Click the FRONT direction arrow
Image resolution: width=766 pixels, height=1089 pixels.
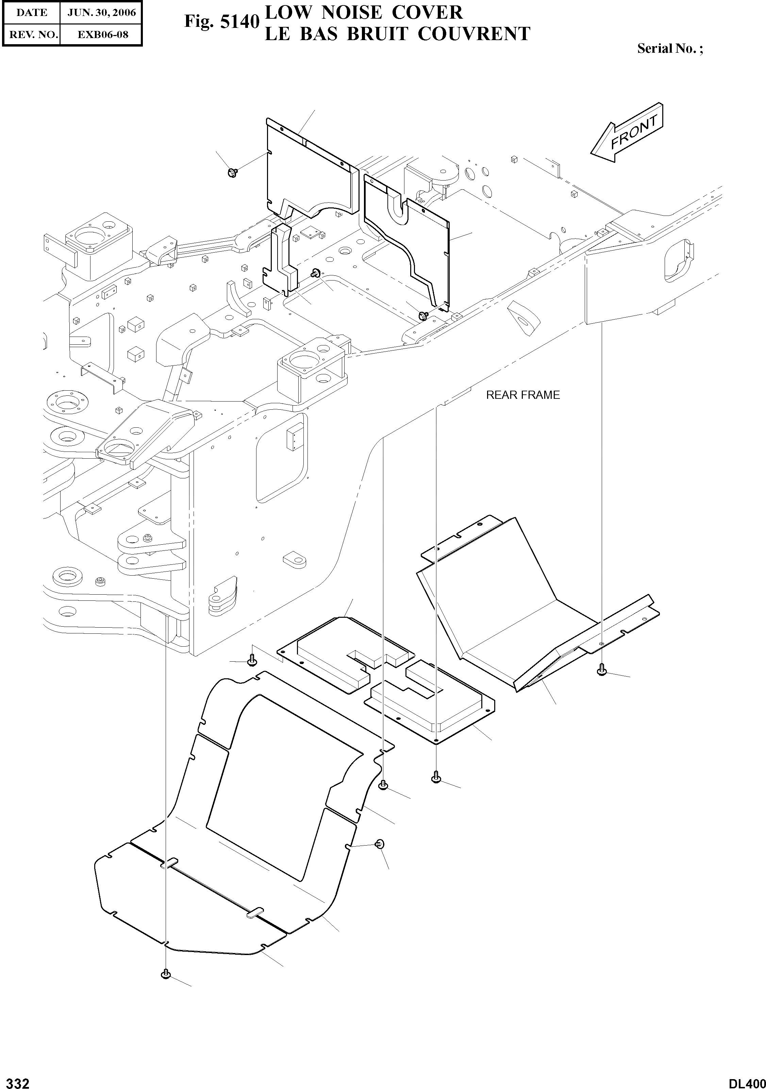628,132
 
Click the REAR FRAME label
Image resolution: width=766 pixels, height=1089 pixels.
522,395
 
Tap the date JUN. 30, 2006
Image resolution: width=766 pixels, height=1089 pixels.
102,13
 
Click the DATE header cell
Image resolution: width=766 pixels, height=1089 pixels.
31,13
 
